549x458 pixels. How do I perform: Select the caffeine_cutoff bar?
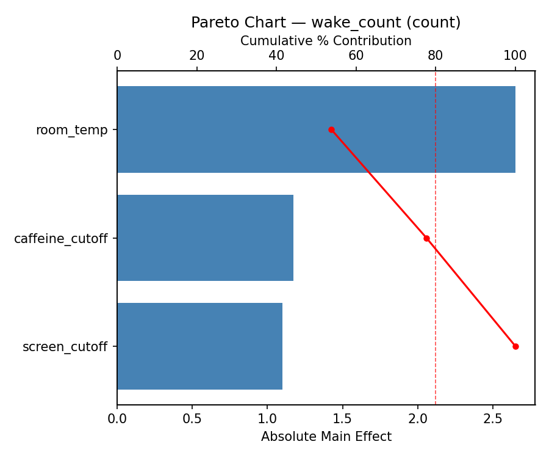pyautogui.click(x=205, y=238)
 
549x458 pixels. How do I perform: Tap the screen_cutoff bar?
pyautogui.click(x=199, y=346)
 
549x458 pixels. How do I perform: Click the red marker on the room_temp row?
pyautogui.click(x=331, y=129)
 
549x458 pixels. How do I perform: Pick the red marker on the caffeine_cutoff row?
pyautogui.click(x=426, y=238)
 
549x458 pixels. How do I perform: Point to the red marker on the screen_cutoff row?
pyautogui.click(x=515, y=346)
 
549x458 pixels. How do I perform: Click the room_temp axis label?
pyautogui.click(x=71, y=130)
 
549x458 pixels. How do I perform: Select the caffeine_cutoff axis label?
pyautogui.click(x=60, y=239)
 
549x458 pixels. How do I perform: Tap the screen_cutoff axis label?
pyautogui.click(x=65, y=347)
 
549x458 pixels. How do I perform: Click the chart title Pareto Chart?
pyautogui.click(x=326, y=23)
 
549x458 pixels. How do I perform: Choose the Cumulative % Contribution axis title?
pyautogui.click(x=326, y=41)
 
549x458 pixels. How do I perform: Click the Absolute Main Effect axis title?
pyautogui.click(x=326, y=437)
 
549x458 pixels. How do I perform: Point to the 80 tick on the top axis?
pyautogui.click(x=436, y=56)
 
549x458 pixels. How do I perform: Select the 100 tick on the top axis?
pyautogui.click(x=515, y=56)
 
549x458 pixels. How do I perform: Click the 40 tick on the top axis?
pyautogui.click(x=276, y=56)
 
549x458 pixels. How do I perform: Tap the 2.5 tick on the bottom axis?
pyautogui.click(x=493, y=420)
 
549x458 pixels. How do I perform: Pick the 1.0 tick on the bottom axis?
pyautogui.click(x=267, y=420)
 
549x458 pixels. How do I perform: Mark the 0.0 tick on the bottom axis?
pyautogui.click(x=117, y=420)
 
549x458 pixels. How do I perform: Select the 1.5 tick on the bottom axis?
pyautogui.click(x=342, y=420)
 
